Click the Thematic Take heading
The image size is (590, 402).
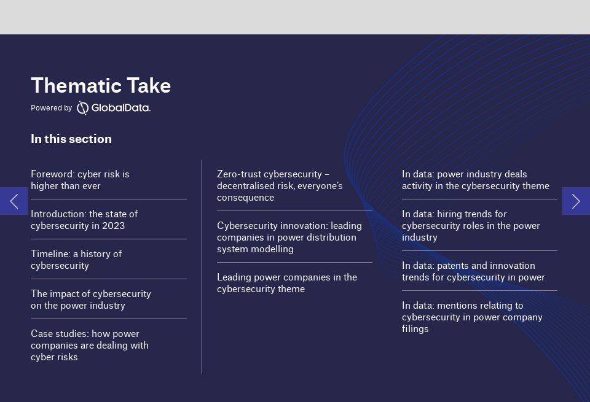point(101,86)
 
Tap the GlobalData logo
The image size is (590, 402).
point(114,108)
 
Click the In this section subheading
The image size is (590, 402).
point(71,139)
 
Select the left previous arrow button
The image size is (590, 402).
point(14,201)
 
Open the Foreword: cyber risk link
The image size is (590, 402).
point(80,180)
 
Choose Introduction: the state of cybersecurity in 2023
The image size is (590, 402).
point(84,220)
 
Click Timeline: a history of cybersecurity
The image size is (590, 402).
point(76,260)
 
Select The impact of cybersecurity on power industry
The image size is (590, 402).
point(91,300)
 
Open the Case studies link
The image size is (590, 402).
point(90,345)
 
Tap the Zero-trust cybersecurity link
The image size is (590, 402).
point(280,185)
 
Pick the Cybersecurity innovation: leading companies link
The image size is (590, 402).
point(289,237)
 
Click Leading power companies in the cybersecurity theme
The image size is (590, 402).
point(286,283)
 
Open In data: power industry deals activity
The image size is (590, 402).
point(475,180)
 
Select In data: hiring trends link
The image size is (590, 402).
point(471,225)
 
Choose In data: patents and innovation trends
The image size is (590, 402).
point(473,271)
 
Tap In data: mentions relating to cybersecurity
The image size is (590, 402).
point(472,317)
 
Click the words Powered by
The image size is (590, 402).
point(51,108)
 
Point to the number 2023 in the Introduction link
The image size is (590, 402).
point(114,226)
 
